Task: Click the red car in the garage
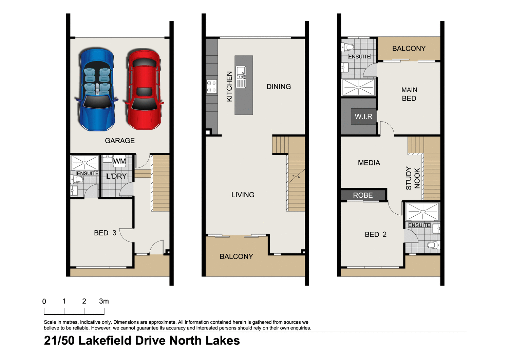tap(144, 90)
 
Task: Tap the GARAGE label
tap(119, 141)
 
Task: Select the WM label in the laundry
tap(119, 161)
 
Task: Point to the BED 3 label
tap(105, 233)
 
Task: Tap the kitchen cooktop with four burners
tap(211, 86)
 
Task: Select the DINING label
tap(279, 87)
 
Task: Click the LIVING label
tap(243, 195)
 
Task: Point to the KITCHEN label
tap(229, 86)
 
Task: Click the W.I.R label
tap(363, 116)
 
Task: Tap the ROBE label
tap(363, 195)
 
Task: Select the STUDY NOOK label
tap(413, 178)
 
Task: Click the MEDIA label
tap(369, 163)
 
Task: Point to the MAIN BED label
tap(409, 94)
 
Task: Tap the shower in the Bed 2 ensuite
tap(422, 211)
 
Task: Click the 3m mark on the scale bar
tap(104, 301)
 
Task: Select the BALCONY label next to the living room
tap(236, 257)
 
